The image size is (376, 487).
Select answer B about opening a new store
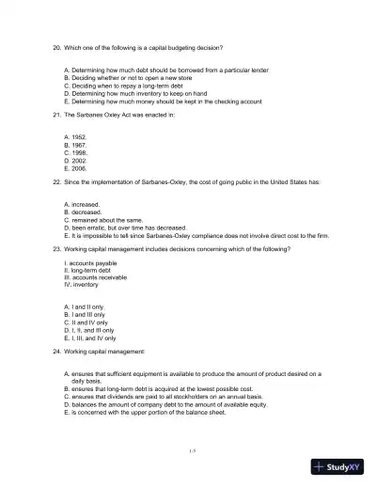coord(126,78)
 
